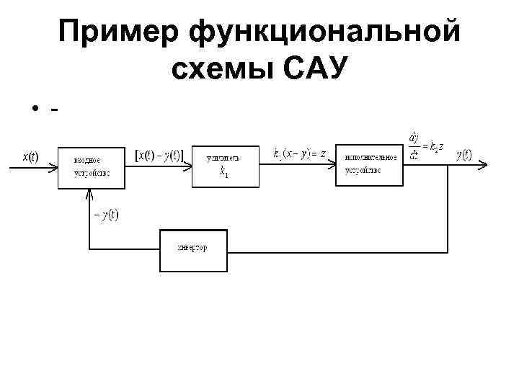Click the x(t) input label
(31, 156)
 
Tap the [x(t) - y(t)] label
(160, 154)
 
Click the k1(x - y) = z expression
(300, 153)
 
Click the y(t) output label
(463, 154)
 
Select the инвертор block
(192, 249)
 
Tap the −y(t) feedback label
(106, 215)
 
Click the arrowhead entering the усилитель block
(188, 166)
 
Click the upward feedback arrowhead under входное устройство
(89, 193)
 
